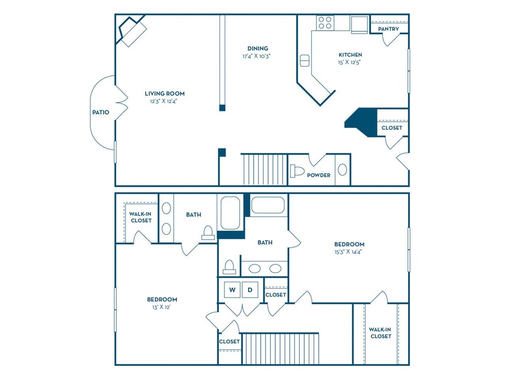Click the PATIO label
coord(100,112)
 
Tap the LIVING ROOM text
coord(164,94)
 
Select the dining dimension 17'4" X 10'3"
coord(256,56)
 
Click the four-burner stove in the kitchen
coord(325,23)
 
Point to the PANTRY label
coord(388,29)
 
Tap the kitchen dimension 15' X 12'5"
coord(350,62)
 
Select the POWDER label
coord(319,175)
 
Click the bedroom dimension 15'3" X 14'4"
coord(349,251)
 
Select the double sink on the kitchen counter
coord(304,61)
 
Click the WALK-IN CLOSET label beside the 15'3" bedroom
coord(380,333)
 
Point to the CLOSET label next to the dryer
coord(276,295)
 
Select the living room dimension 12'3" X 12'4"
coord(164,101)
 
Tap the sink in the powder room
coord(342,170)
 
